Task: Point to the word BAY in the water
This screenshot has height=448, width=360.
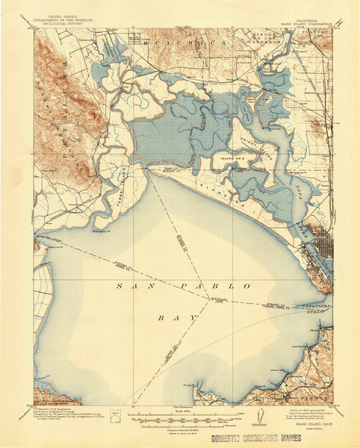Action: point(179,317)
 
